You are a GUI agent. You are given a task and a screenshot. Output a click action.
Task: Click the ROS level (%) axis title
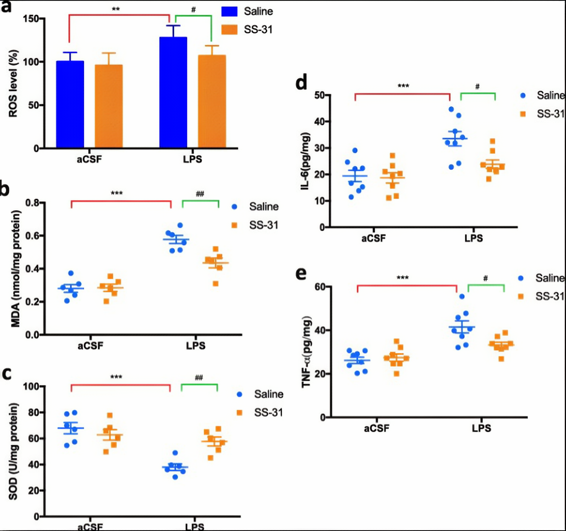pyautogui.click(x=13, y=83)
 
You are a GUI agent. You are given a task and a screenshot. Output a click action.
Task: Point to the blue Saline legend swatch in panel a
pyautogui.click(x=229, y=11)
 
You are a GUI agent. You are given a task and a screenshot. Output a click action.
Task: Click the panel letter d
pyautogui.click(x=301, y=83)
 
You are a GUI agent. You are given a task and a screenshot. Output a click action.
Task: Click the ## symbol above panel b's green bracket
pyautogui.click(x=200, y=194)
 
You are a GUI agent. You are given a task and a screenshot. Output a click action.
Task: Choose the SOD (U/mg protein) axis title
pyautogui.click(x=13, y=451)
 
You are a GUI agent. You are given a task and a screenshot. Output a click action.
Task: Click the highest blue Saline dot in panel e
pyautogui.click(x=462, y=296)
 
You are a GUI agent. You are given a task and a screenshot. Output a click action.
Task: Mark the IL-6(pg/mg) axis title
pyautogui.click(x=305, y=161)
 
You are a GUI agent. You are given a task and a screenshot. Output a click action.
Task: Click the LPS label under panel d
pyautogui.click(x=474, y=238)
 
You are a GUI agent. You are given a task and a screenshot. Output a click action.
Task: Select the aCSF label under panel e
pyautogui.click(x=377, y=428)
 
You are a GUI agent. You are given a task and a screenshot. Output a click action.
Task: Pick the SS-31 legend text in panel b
pyautogui.click(x=264, y=225)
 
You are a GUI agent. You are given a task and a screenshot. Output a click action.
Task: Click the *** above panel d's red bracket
pyautogui.click(x=403, y=86)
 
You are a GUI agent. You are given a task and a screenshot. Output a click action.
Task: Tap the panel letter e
pyautogui.click(x=301, y=274)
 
